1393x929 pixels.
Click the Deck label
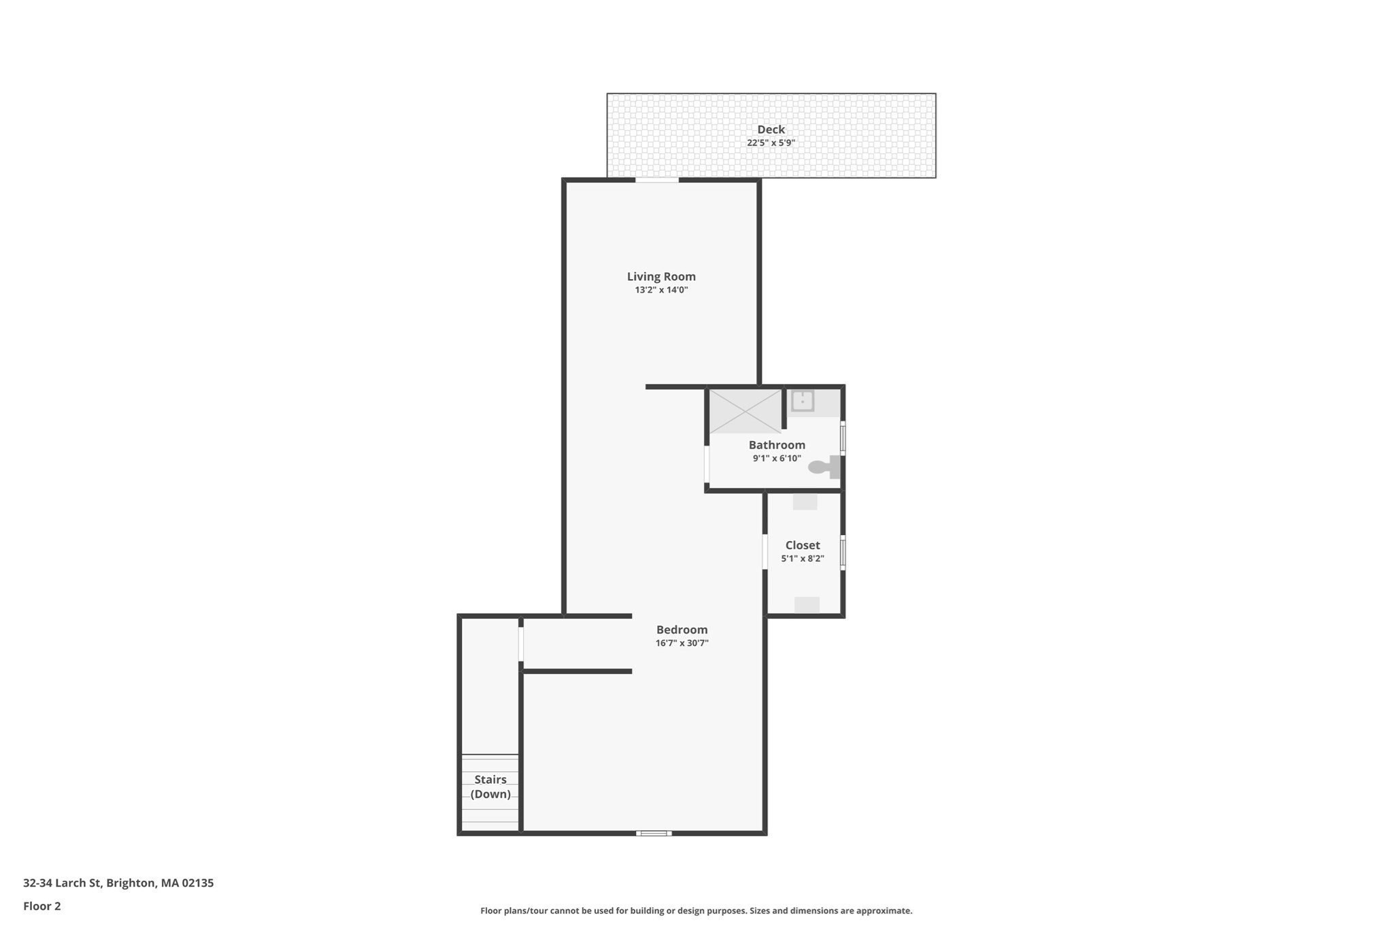click(x=771, y=129)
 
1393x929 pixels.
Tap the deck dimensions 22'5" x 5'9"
click(x=771, y=143)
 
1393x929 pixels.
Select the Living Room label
click(x=661, y=276)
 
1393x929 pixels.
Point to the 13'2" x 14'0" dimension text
click(x=661, y=290)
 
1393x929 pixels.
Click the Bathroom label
click(x=777, y=445)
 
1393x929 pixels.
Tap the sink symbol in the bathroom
click(x=803, y=401)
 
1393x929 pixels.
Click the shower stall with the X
click(x=745, y=411)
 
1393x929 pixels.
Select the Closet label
click(x=803, y=545)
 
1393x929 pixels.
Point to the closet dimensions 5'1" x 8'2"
click(x=803, y=559)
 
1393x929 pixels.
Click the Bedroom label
click(x=682, y=630)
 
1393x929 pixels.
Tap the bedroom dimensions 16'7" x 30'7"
click(x=682, y=643)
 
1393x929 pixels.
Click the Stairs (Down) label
click(x=490, y=787)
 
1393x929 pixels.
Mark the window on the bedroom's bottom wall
click(x=654, y=833)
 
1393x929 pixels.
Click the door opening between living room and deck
click(x=657, y=180)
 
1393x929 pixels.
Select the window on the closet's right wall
click(x=843, y=553)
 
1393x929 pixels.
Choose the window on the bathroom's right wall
click(x=843, y=438)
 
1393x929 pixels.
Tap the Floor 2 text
click(x=42, y=906)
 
